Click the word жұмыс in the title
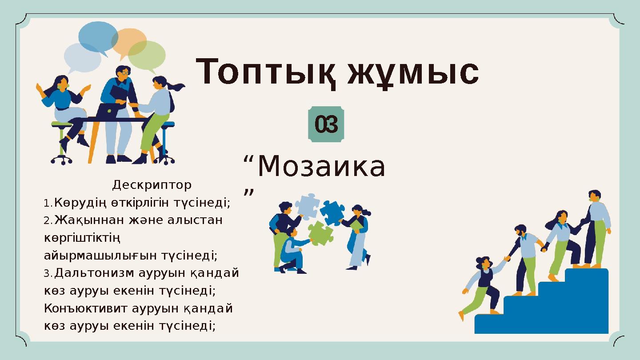[x=413, y=72]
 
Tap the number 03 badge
[x=326, y=125]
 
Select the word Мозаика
[x=321, y=168]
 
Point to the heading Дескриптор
[x=152, y=184]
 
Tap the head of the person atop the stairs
[x=594, y=196]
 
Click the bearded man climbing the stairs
[x=524, y=258]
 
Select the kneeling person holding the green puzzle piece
[x=291, y=251]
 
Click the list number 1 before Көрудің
[x=48, y=204]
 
